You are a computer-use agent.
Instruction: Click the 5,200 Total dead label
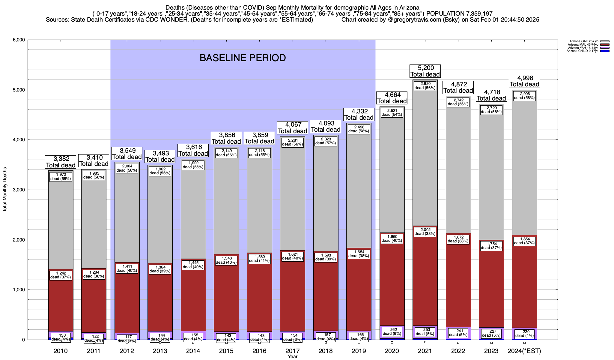(x=425, y=71)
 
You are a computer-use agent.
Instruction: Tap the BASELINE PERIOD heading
(x=243, y=58)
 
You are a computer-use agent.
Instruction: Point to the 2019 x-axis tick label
(x=359, y=351)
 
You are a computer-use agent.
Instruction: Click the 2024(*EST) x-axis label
(x=524, y=351)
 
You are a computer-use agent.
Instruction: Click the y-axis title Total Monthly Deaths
(x=5, y=190)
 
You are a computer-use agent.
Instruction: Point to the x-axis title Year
(x=292, y=357)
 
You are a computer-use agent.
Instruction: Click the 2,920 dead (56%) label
(x=425, y=86)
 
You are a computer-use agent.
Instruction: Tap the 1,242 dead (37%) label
(x=61, y=275)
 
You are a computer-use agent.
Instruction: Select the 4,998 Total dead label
(x=524, y=81)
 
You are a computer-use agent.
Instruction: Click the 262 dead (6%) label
(x=392, y=331)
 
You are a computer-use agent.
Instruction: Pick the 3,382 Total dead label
(x=61, y=162)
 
